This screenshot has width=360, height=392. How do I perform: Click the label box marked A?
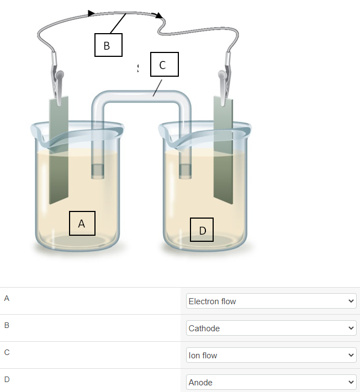pyautogui.click(x=82, y=224)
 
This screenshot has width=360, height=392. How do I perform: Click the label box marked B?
pyautogui.click(x=108, y=45)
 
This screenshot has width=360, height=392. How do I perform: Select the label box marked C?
pyautogui.click(x=164, y=65)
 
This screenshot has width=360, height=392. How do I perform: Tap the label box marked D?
pyautogui.click(x=202, y=230)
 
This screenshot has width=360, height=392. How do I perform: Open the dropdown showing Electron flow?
pyautogui.click(x=271, y=301)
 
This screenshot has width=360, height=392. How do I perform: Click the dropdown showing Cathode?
pyautogui.click(x=271, y=328)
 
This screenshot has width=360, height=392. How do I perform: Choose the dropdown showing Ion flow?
pyautogui.click(x=271, y=355)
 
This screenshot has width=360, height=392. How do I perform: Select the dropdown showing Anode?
pyautogui.click(x=271, y=382)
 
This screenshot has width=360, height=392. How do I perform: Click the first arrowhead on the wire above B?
pyautogui.click(x=91, y=13)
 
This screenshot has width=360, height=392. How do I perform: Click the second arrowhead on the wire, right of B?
pyautogui.click(x=160, y=16)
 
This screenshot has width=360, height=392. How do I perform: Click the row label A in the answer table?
pyautogui.click(x=7, y=298)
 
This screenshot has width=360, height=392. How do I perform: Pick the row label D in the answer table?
pyautogui.click(x=7, y=379)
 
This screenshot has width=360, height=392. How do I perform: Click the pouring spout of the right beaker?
pyautogui.click(x=165, y=133)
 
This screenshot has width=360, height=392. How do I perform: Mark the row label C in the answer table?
pyautogui.click(x=7, y=352)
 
